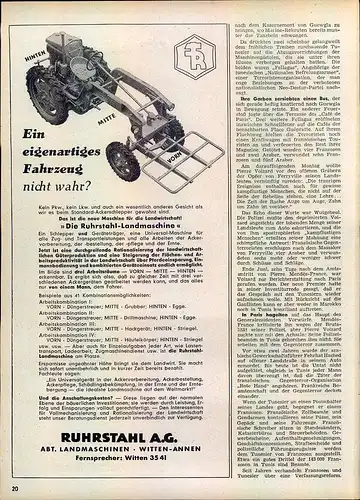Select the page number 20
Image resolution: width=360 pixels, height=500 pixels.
(15, 488)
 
